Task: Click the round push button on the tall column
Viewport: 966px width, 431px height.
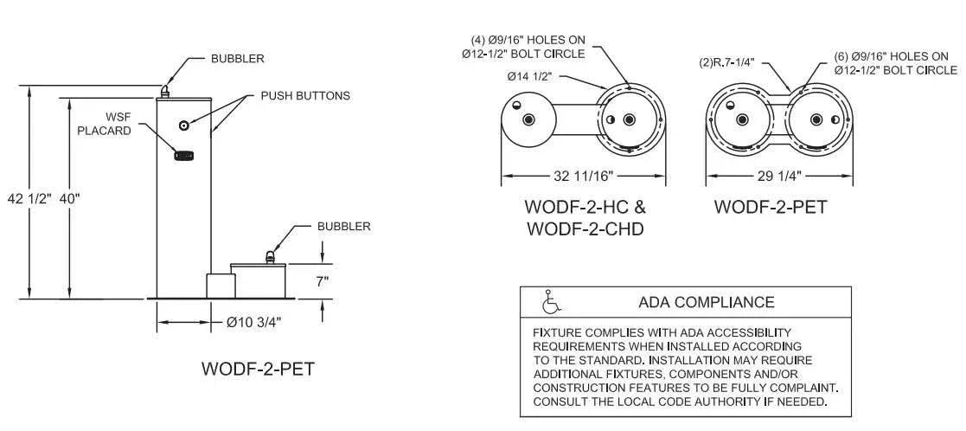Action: pyautogui.click(x=184, y=125)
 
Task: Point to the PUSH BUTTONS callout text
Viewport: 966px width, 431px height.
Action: pyautogui.click(x=305, y=95)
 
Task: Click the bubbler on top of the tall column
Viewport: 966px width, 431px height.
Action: pyautogui.click(x=164, y=91)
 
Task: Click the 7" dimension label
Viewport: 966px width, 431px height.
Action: pyautogui.click(x=323, y=282)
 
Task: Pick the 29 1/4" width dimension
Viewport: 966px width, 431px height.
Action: pyautogui.click(x=778, y=177)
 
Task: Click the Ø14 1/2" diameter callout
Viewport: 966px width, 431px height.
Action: pyautogui.click(x=529, y=77)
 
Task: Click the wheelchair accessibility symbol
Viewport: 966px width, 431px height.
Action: pyautogui.click(x=549, y=301)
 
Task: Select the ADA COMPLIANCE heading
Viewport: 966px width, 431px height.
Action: pyautogui.click(x=706, y=302)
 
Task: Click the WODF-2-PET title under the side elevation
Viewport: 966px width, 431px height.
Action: pyautogui.click(x=258, y=369)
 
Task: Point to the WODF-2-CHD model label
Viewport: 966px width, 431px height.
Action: pyautogui.click(x=585, y=229)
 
